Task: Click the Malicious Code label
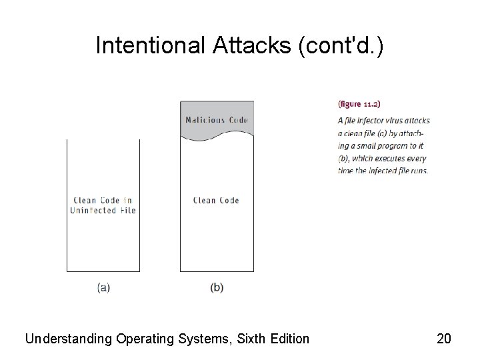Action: click(217, 120)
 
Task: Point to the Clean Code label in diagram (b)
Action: click(216, 200)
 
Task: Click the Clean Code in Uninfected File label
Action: click(103, 205)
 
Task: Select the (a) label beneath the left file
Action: click(103, 287)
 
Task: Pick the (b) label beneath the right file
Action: click(217, 287)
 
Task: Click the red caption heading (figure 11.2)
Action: click(359, 103)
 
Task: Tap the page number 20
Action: click(444, 339)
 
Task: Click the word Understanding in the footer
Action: click(67, 339)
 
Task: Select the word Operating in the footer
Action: click(142, 339)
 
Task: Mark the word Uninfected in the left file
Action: click(95, 211)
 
